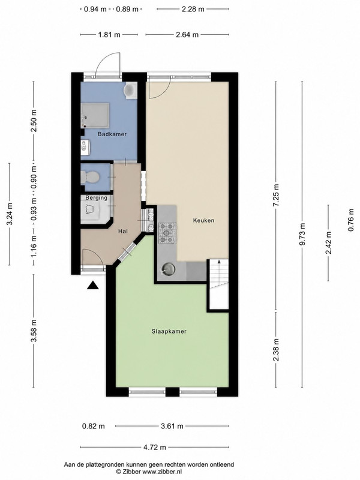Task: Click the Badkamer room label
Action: tap(112, 134)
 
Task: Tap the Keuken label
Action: tap(203, 220)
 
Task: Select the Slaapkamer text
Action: tap(169, 331)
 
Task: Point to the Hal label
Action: tap(123, 232)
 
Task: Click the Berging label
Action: tap(97, 198)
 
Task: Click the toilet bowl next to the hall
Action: tap(89, 177)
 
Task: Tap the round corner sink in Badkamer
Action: tap(131, 90)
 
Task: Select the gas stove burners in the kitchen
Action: tap(167, 233)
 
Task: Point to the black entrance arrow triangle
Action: tap(93, 286)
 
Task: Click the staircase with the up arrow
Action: tap(218, 284)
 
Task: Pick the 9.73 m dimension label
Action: tap(302, 234)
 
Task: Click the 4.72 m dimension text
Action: tap(155, 447)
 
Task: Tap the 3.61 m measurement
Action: tap(172, 426)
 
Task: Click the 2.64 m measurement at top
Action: tap(187, 35)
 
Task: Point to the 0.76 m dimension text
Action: tap(352, 220)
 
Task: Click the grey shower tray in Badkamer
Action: tap(95, 115)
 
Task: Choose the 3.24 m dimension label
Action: tap(10, 214)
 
